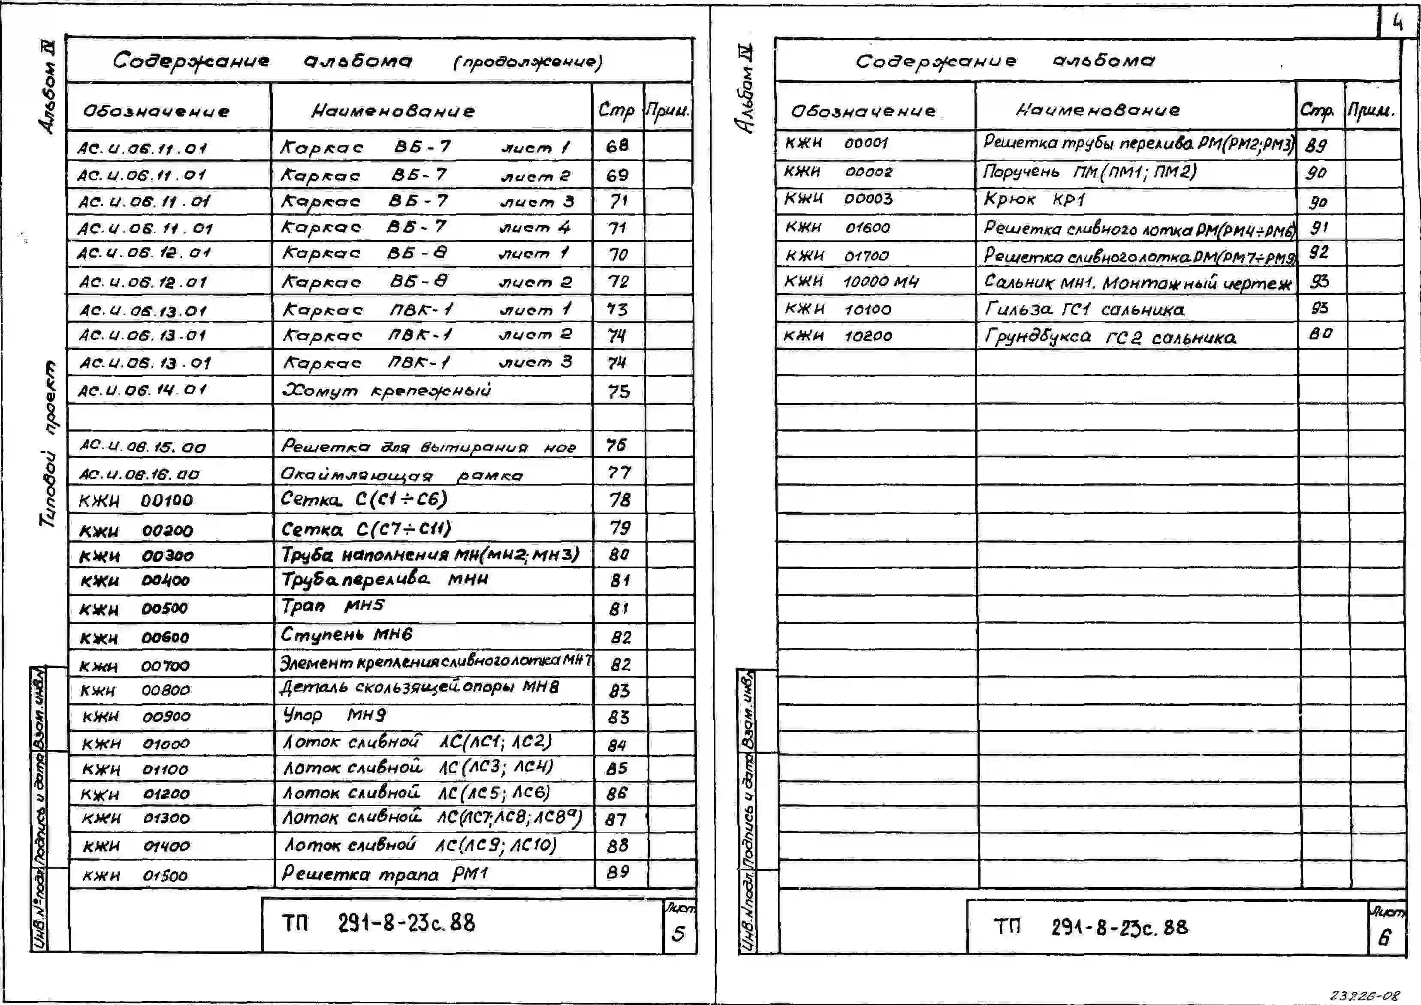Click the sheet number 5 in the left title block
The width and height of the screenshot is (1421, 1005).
point(679,933)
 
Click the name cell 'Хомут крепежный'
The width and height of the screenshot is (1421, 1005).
point(386,390)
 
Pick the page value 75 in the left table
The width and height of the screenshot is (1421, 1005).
point(618,391)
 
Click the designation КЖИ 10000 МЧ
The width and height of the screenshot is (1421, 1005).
point(851,282)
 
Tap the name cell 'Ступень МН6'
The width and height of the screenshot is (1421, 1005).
point(346,634)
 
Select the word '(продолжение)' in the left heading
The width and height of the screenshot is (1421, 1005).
point(528,62)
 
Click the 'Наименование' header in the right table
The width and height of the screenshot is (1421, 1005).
point(1098,110)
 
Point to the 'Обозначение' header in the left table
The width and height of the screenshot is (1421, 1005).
point(157,111)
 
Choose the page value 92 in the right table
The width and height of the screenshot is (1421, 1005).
point(1319,252)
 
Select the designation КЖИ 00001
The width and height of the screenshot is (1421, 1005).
point(836,143)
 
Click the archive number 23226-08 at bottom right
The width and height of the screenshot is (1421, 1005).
point(1364,995)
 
